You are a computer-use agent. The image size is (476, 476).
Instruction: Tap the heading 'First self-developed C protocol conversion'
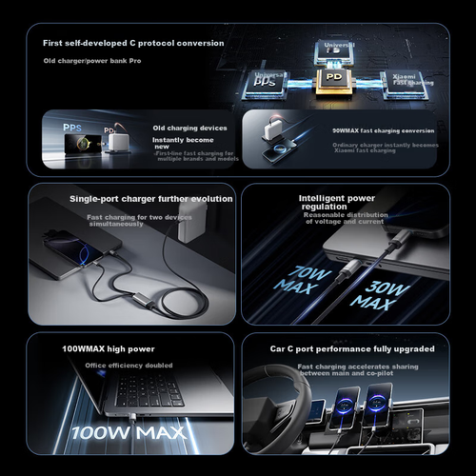click(133, 43)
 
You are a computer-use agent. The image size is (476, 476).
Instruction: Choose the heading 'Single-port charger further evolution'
click(151, 199)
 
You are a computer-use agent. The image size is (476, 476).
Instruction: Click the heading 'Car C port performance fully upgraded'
click(351, 349)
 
